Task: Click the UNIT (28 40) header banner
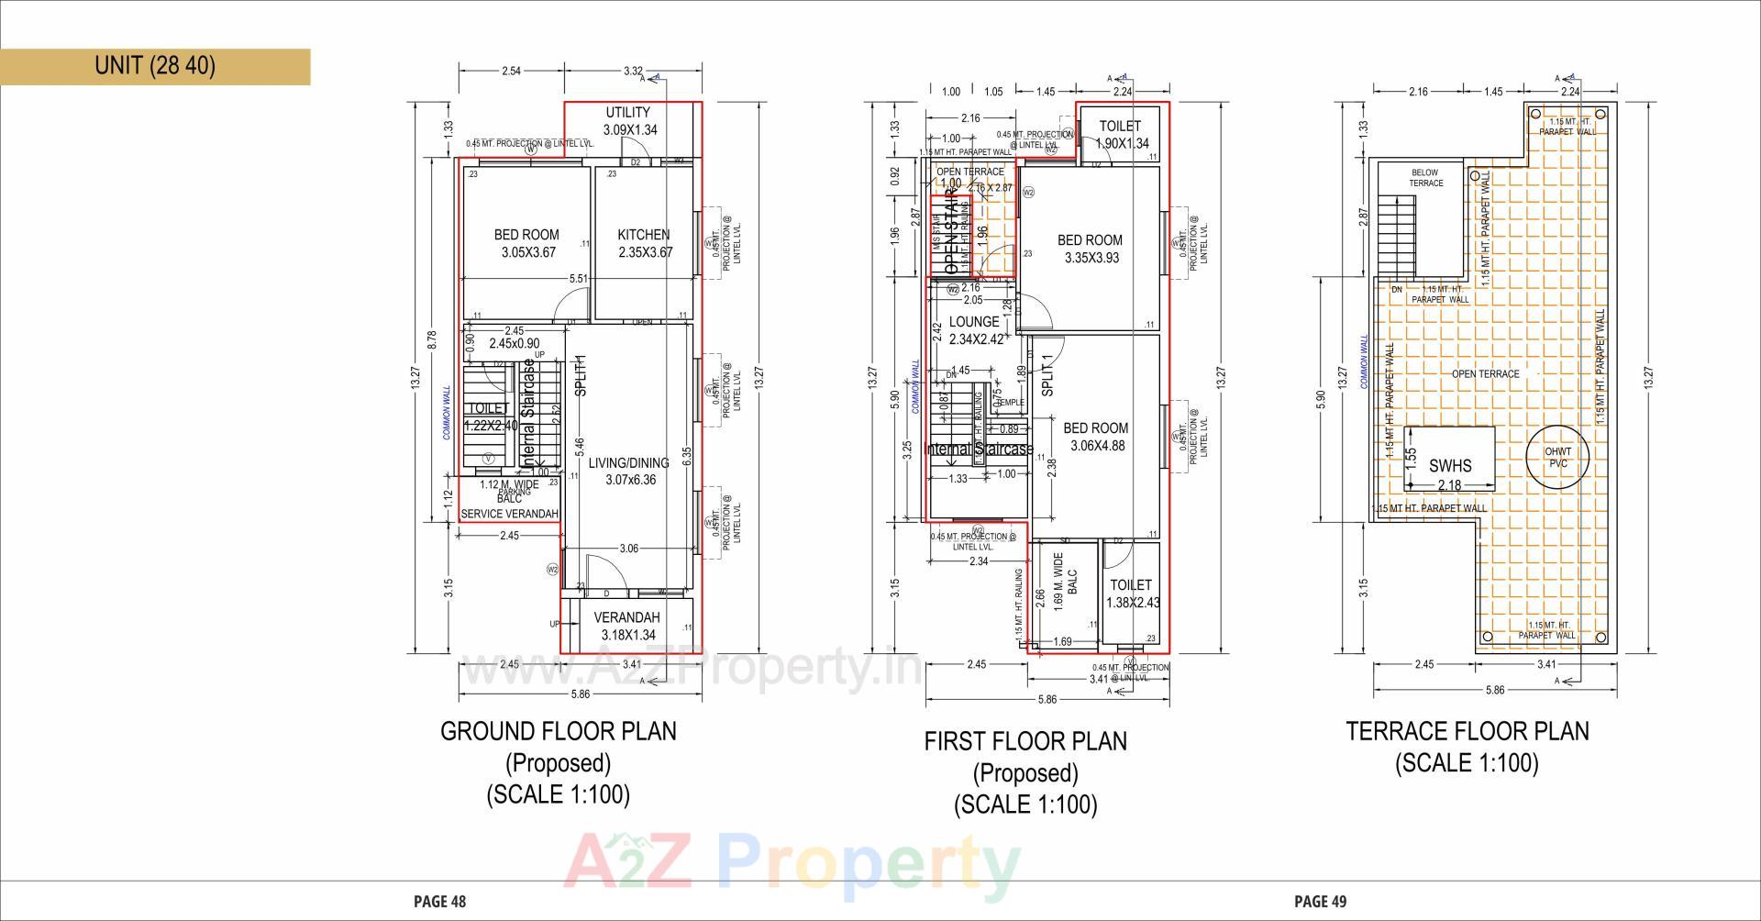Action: tap(155, 66)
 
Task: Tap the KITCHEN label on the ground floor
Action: tap(644, 235)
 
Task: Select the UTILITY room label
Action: tap(628, 113)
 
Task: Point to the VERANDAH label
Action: tap(627, 617)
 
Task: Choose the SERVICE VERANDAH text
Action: tap(509, 514)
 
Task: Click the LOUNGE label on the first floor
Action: tap(974, 322)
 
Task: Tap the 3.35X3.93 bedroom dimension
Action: tap(1091, 259)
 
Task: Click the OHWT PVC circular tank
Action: tap(1557, 457)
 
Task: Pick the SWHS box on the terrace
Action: tap(1449, 459)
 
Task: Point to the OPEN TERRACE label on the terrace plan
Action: tap(1486, 374)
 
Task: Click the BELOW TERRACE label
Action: tap(1425, 178)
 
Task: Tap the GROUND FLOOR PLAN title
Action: tap(559, 731)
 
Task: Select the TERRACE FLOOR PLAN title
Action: tap(1467, 731)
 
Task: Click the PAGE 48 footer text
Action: tap(440, 902)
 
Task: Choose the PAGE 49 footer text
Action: tap(1321, 902)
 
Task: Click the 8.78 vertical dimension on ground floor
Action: tap(432, 339)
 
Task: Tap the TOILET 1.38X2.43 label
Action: tap(1132, 594)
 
